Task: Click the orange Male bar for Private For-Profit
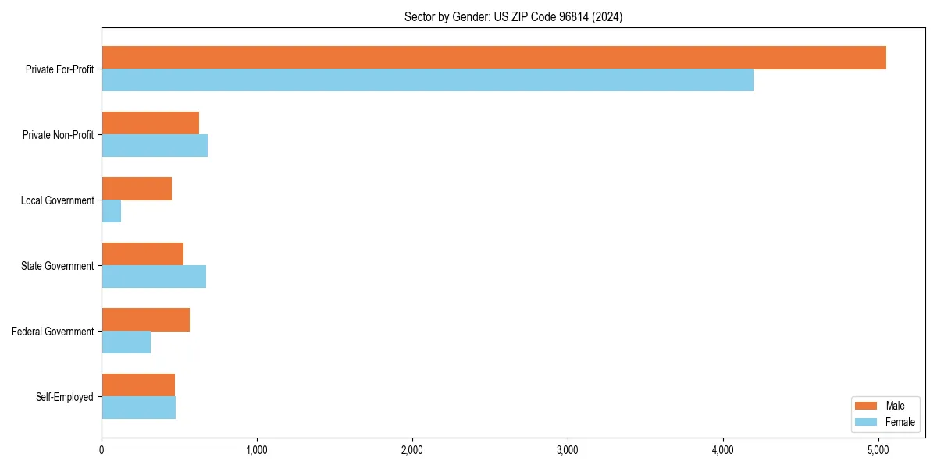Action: click(493, 58)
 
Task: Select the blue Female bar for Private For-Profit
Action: click(427, 80)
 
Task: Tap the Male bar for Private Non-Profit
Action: click(150, 123)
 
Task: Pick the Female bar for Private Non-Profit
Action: click(155, 146)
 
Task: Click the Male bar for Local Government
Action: click(137, 189)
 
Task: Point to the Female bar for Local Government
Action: click(112, 211)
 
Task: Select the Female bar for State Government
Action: click(154, 277)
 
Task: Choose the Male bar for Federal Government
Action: click(145, 320)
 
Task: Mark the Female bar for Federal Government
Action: click(126, 342)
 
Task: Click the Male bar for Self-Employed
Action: click(138, 385)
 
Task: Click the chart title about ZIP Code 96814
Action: click(513, 16)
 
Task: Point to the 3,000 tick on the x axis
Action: click(568, 450)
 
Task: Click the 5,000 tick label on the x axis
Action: click(878, 450)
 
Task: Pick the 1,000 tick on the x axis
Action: click(257, 450)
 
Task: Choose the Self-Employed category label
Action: click(64, 397)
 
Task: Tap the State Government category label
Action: click(57, 266)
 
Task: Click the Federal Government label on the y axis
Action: click(53, 331)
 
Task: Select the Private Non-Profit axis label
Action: click(58, 135)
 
